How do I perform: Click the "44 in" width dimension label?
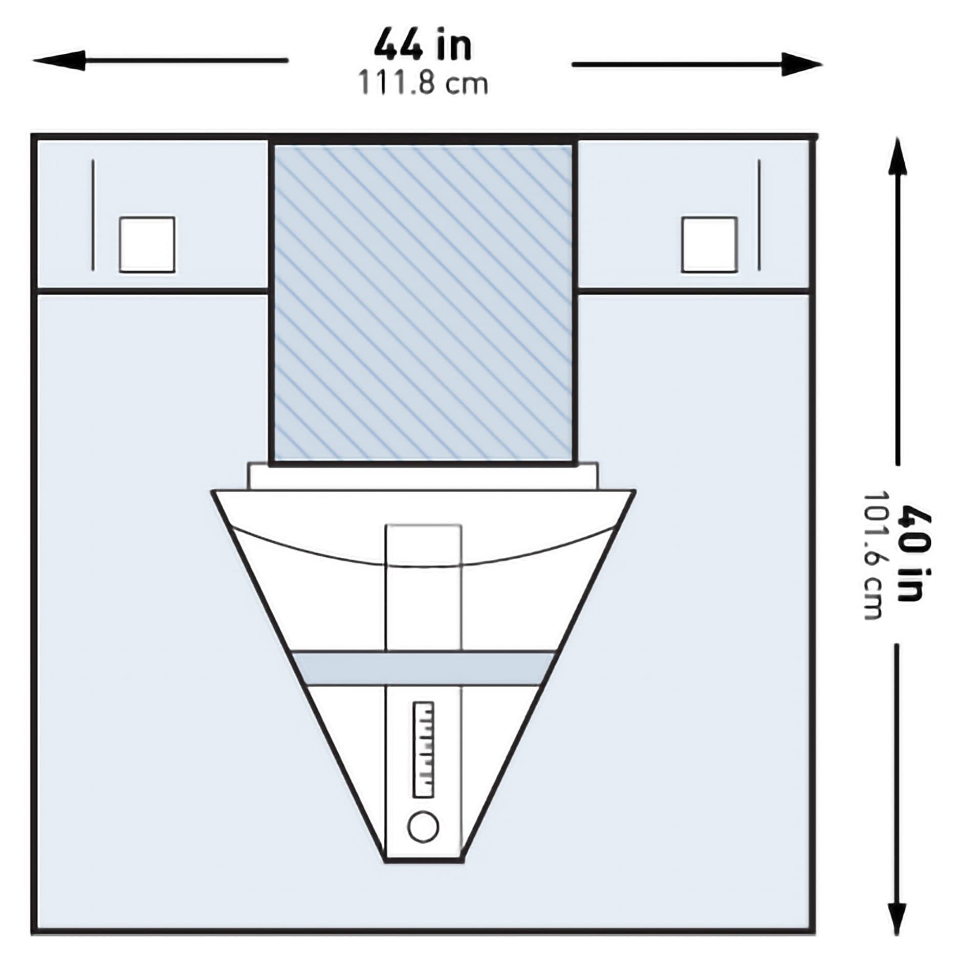point(423,46)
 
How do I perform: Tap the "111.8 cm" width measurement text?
point(423,83)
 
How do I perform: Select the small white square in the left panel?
point(147,245)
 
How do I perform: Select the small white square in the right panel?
point(709,245)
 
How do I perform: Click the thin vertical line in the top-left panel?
point(93,215)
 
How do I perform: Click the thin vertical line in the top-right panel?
point(759,215)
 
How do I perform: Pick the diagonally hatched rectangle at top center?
point(423,302)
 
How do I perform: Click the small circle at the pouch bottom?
point(423,826)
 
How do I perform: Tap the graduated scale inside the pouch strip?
point(423,750)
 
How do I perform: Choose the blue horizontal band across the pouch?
point(423,668)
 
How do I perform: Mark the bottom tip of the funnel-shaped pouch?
point(424,861)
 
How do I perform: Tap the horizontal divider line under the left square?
point(152,291)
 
